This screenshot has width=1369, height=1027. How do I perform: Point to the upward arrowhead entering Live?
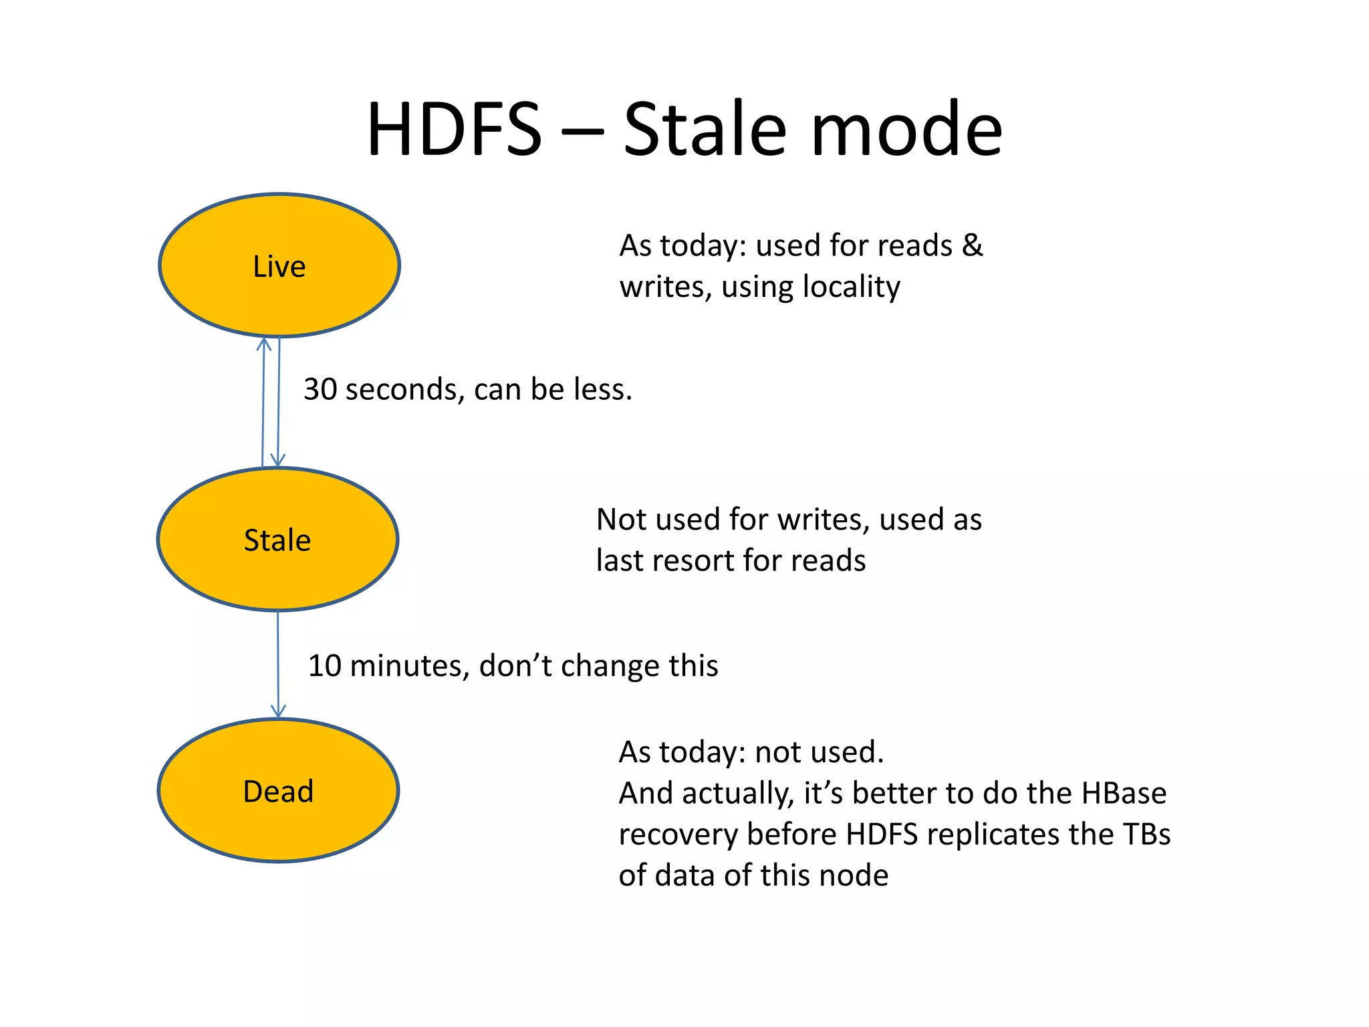coord(264,345)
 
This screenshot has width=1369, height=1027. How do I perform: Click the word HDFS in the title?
coord(454,129)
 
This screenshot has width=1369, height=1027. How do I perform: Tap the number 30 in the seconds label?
coord(320,389)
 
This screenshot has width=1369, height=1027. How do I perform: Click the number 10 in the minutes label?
coord(324,666)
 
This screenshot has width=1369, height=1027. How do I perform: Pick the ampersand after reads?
coord(973,245)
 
